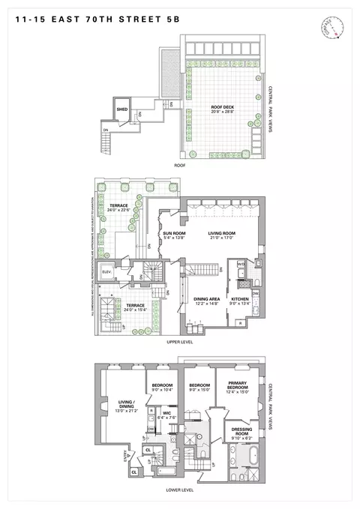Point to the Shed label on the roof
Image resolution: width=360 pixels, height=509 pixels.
tap(121, 109)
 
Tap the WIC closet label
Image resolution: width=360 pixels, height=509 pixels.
tap(169, 416)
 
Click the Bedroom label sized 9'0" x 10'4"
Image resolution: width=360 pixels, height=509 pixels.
tap(162, 387)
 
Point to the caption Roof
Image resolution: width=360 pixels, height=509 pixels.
tap(180, 164)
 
